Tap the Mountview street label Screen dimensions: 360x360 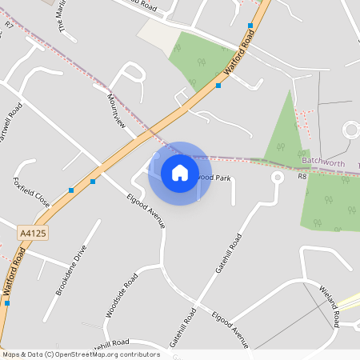116,111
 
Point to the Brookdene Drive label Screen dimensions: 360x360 70,270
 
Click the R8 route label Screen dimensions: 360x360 302,176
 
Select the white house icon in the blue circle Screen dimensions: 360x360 180,173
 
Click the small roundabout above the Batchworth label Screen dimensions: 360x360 351,130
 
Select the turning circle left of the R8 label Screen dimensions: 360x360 277,178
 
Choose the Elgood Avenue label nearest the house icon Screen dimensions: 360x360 145,210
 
